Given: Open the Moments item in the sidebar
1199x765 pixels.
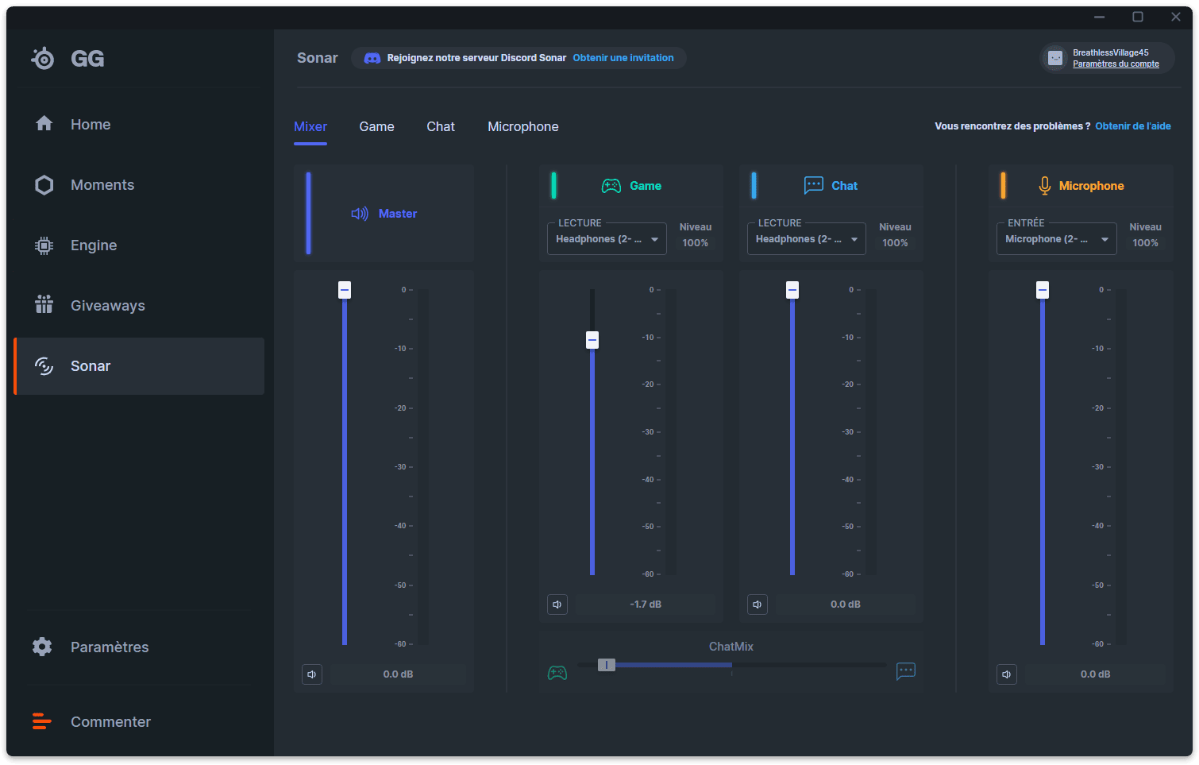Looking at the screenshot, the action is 85,184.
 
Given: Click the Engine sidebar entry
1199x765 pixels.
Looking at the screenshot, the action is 75,245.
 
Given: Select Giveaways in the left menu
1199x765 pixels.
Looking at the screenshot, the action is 90,305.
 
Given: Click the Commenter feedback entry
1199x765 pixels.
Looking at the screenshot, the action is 91,721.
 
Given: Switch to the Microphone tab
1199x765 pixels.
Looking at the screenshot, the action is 523,126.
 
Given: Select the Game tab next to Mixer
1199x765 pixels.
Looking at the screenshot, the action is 377,126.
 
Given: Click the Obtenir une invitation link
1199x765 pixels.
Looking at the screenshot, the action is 623,58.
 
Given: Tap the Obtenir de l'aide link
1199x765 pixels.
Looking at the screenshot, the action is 1132,126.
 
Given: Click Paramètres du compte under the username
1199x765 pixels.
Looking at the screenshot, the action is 1116,64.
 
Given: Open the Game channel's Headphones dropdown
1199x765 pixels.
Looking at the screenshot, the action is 607,239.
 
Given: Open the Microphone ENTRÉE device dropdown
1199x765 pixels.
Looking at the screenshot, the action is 1056,239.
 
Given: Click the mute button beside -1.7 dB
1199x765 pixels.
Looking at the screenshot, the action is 557,605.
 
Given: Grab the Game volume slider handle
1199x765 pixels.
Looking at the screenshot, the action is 592,340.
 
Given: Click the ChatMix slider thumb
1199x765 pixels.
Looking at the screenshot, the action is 607,665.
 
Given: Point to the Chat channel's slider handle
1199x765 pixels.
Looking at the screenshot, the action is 792,290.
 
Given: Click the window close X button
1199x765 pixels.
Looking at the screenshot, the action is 1175,17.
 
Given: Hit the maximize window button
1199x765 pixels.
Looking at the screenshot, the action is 1137,17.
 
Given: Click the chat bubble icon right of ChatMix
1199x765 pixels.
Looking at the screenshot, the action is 906,670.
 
